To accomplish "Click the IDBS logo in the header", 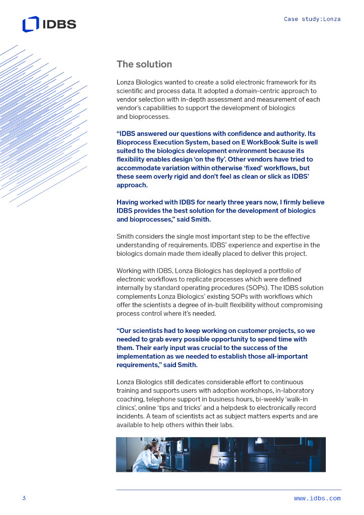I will pyautogui.click(x=49, y=24).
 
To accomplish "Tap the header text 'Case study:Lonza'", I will pyautogui.click(x=312, y=19).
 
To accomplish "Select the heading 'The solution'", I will pyautogui.click(x=144, y=64).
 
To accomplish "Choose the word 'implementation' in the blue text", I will pyautogui.click(x=141, y=356).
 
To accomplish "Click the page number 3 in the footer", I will pyautogui.click(x=24, y=498).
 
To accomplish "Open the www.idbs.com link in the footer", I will pyautogui.click(x=317, y=498).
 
